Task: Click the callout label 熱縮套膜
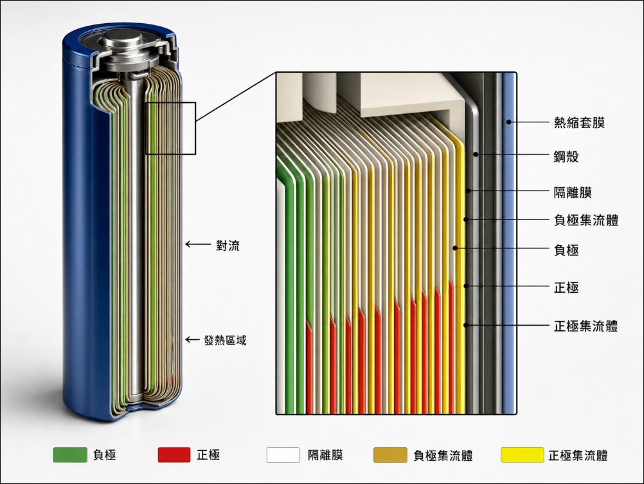(x=579, y=122)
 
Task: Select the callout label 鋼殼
(x=566, y=156)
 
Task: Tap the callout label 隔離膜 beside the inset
(x=573, y=192)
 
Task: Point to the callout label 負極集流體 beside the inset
(x=586, y=220)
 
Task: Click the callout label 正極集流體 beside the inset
(x=586, y=326)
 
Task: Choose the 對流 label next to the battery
(x=228, y=245)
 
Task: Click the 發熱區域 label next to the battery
(x=225, y=340)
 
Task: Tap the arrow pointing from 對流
(x=197, y=245)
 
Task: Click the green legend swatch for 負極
(x=70, y=455)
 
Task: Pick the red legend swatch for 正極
(x=174, y=455)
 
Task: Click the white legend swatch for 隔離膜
(x=283, y=455)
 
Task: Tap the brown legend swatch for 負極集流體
(x=390, y=455)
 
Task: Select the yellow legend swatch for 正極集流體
(x=522, y=455)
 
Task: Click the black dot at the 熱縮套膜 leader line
(x=508, y=122)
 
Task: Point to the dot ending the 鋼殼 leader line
(x=475, y=154)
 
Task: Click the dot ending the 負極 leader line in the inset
(x=455, y=248)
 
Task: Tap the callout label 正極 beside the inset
(x=566, y=287)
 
